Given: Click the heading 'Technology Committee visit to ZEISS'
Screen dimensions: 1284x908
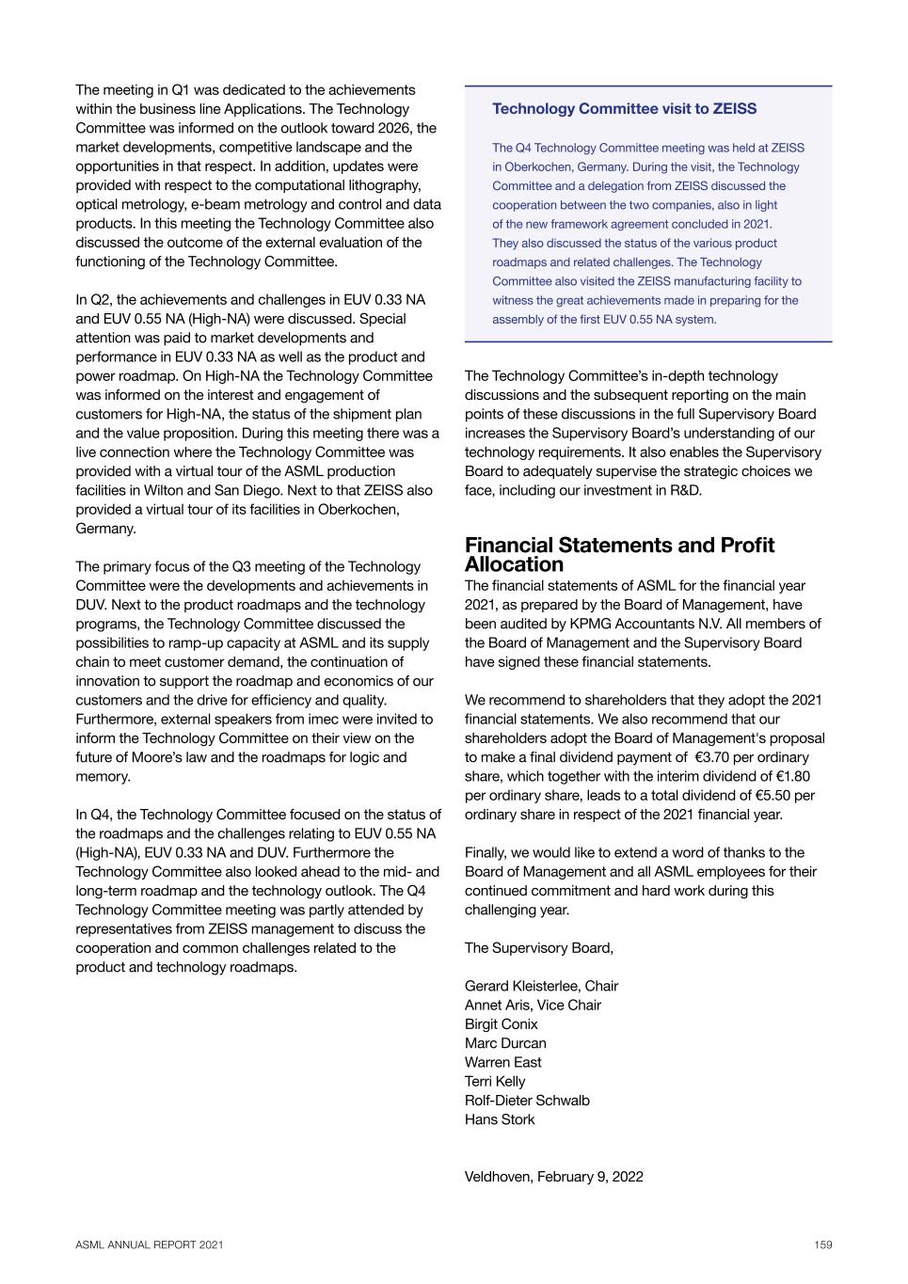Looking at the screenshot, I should [x=624, y=109].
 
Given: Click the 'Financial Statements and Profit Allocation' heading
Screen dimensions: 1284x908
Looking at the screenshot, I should [x=619, y=555].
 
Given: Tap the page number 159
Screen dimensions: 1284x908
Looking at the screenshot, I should [x=823, y=1244].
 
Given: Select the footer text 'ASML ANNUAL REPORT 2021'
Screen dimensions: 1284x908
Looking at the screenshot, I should [x=150, y=1244].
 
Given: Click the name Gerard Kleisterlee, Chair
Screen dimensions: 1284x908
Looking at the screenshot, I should [x=541, y=986].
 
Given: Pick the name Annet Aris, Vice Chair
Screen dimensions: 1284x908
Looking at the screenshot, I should [x=533, y=1005].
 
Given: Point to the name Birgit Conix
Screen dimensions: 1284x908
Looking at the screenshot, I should [x=502, y=1024].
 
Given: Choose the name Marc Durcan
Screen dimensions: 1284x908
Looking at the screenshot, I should [x=505, y=1043].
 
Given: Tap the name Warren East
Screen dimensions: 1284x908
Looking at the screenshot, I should [x=503, y=1062].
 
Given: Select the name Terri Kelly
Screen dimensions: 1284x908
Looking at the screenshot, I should [x=495, y=1082].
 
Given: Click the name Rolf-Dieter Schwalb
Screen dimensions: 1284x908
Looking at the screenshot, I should [x=527, y=1101].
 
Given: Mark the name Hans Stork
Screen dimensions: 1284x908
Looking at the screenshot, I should [x=500, y=1119].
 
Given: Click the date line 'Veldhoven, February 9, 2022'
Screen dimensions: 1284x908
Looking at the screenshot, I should [x=554, y=1177].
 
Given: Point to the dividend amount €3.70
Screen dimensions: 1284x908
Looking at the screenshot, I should [x=714, y=757].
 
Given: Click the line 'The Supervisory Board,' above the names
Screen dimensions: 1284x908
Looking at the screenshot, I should [x=539, y=947].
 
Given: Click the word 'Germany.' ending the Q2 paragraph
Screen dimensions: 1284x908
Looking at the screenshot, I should [x=105, y=529].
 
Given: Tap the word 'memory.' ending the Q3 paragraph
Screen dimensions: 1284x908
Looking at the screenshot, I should [x=103, y=777].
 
